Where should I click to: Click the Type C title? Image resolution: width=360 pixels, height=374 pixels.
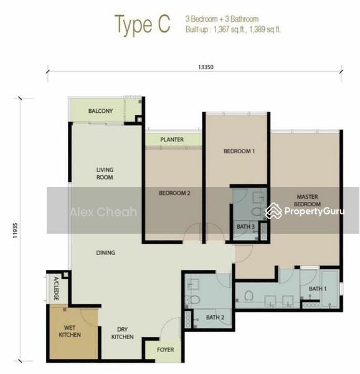143,25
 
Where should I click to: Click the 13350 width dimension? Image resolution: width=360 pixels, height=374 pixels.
206,67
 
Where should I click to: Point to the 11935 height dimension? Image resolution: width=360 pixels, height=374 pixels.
15,231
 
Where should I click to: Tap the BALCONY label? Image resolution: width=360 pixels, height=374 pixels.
100,111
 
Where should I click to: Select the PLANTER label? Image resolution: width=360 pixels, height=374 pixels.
172,140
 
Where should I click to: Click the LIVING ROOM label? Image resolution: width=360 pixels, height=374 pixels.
105,173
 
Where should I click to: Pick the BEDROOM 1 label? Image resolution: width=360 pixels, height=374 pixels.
239,151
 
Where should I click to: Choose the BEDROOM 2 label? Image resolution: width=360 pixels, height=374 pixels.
174,193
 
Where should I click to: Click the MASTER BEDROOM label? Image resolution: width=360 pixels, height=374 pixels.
307,200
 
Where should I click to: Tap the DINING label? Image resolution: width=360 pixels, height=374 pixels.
105,252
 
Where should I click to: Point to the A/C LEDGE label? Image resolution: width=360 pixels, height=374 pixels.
56,288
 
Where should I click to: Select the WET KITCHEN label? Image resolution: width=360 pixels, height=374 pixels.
70,331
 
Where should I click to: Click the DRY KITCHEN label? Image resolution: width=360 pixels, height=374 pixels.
123,333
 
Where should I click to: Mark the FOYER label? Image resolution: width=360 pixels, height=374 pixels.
165,350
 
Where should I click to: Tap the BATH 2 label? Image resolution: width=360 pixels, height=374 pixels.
215,317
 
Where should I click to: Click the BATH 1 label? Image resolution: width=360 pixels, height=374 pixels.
318,289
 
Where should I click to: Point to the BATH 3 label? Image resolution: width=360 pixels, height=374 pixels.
245,227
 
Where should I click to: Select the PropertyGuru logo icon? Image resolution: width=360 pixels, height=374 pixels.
273,211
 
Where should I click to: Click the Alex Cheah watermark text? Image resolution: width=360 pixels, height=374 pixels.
103,212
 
